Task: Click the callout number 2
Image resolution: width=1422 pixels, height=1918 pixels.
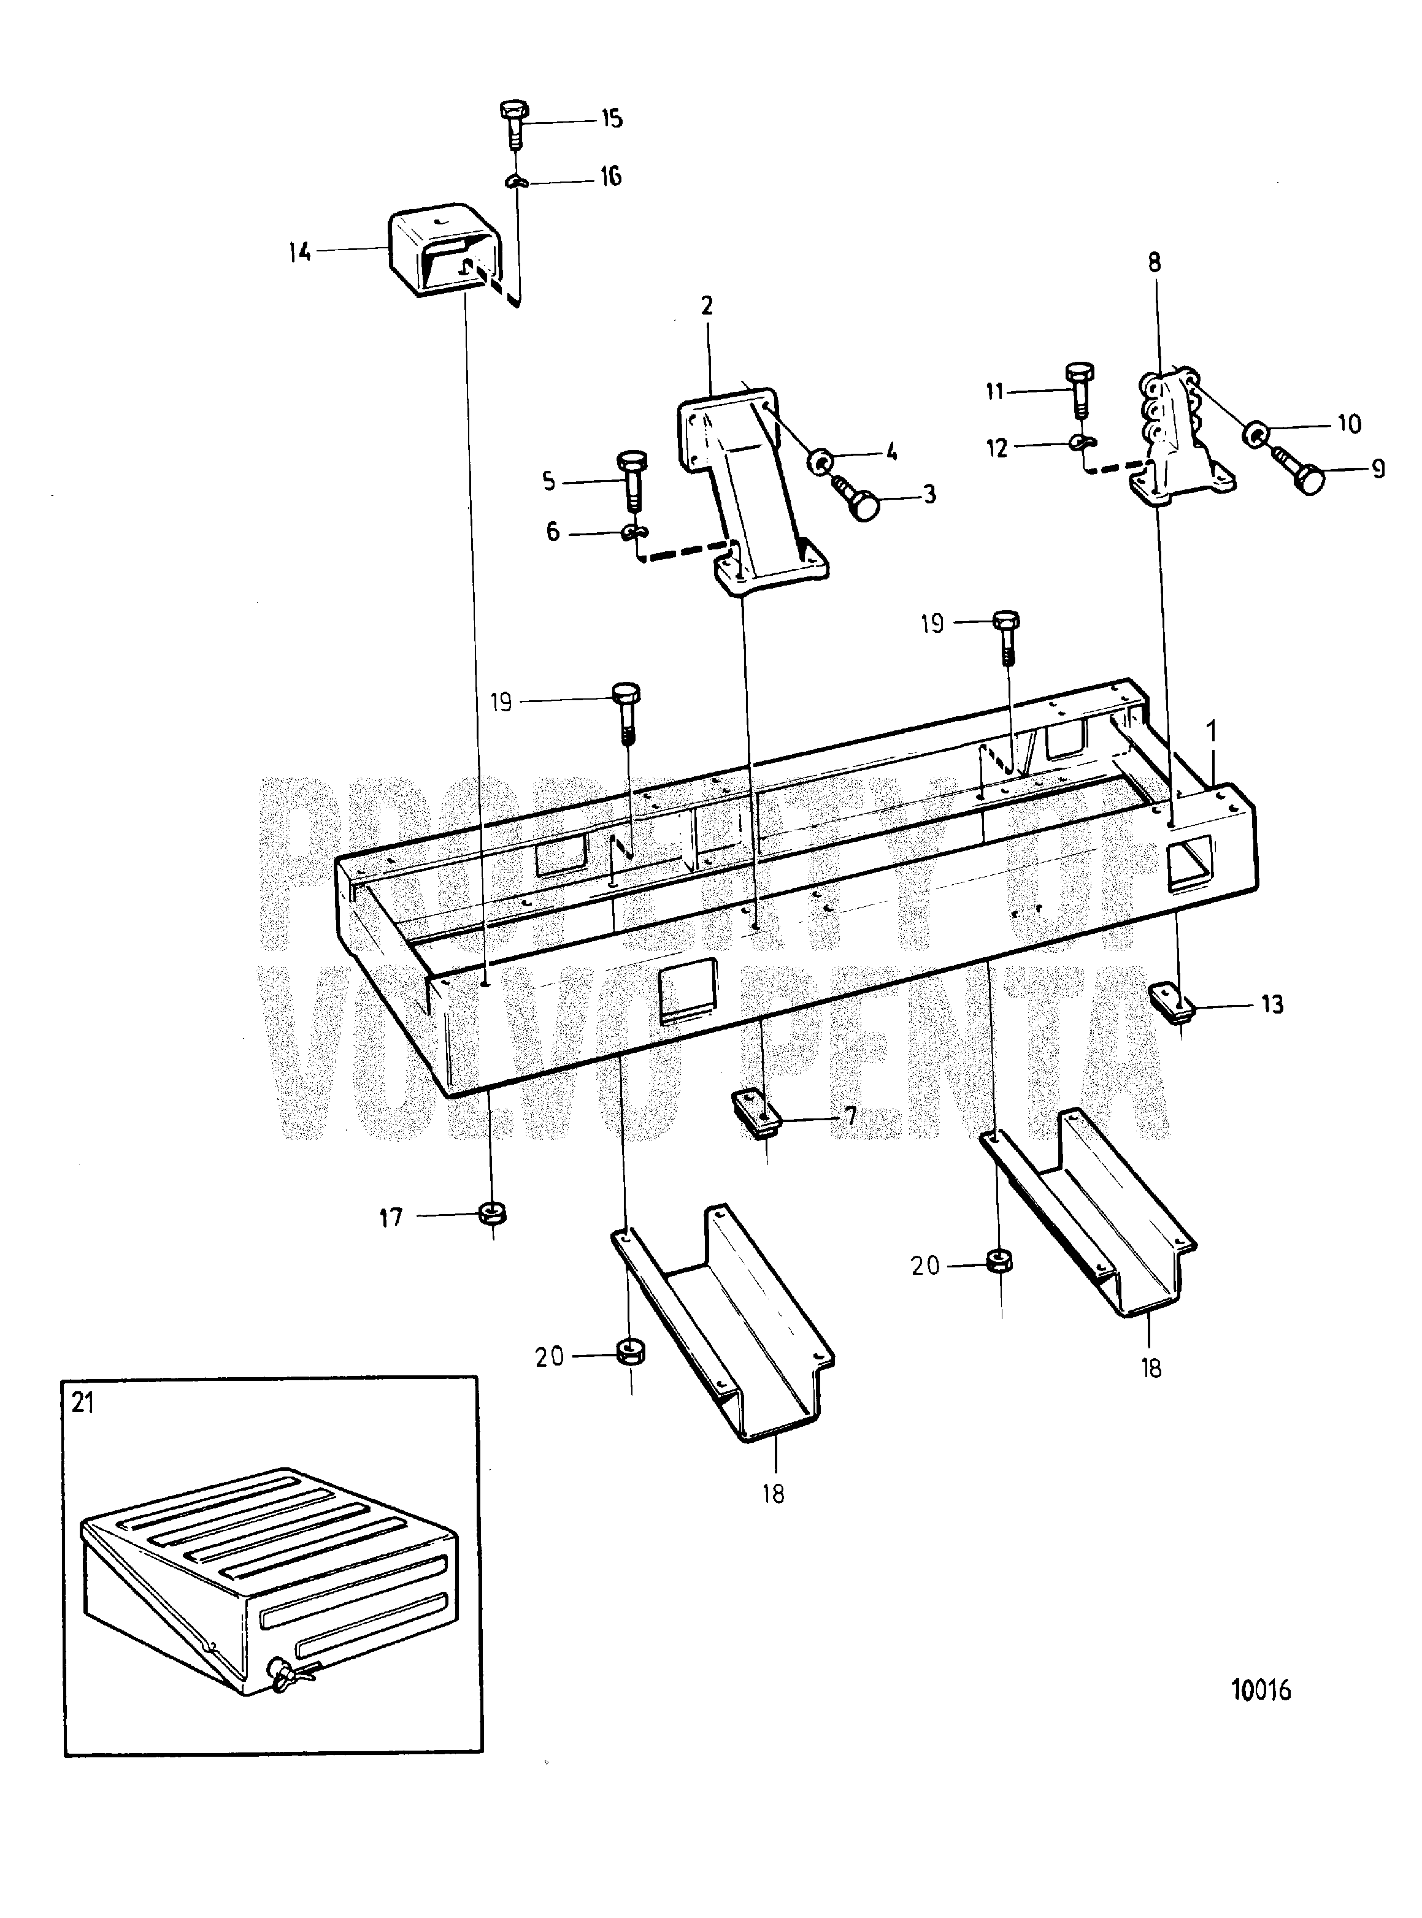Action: pos(707,307)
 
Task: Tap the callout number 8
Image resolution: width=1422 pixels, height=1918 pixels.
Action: pos(1155,262)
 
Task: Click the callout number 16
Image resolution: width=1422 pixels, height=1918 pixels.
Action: pos(610,177)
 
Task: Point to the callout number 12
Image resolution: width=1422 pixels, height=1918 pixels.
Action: pos(997,448)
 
